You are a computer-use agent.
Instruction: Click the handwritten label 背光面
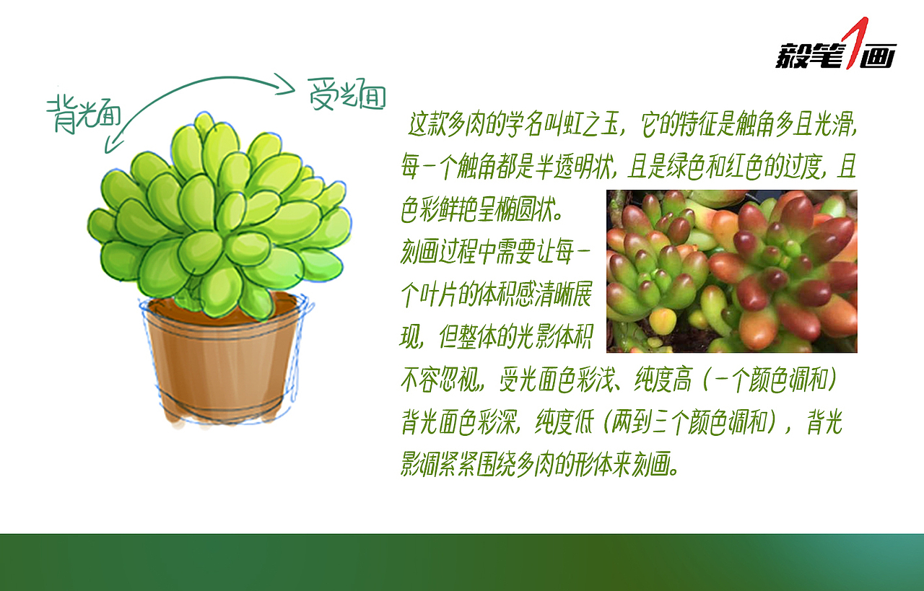84,115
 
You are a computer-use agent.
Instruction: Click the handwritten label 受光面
346,95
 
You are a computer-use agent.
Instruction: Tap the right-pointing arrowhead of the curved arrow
289,89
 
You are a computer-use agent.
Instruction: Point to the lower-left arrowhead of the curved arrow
110,146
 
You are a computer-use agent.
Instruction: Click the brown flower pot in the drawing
220,368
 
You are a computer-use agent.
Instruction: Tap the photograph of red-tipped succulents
731,271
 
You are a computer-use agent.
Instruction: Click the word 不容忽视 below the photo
441,380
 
